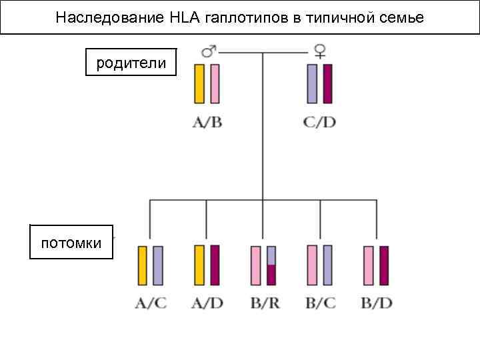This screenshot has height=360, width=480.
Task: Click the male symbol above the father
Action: coord(208,52)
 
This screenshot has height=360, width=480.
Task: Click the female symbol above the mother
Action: coord(319,52)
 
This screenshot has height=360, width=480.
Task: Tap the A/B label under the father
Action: coord(207,123)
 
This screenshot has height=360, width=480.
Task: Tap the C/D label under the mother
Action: coord(319,123)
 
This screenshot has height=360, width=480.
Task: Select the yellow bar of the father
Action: coord(199,83)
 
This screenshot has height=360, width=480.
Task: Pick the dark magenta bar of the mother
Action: coord(327,83)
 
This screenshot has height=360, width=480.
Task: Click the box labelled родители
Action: coord(131,63)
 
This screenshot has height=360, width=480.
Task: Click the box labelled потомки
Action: coord(71,242)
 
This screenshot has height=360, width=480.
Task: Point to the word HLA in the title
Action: coord(183,17)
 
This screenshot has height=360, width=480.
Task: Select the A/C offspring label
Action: coord(151,303)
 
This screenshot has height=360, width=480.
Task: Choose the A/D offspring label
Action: coord(207,303)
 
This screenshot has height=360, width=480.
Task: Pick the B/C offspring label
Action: coord(320,303)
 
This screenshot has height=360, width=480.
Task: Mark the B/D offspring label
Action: coord(376,303)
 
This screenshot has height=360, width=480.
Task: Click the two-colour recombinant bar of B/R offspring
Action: coord(271,265)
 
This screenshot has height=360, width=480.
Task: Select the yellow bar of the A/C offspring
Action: coord(143,265)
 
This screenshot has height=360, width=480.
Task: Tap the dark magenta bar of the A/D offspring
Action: coord(215,265)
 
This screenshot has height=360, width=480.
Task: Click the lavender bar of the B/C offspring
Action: coord(327,265)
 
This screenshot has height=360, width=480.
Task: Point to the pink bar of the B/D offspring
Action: coord(369,265)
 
